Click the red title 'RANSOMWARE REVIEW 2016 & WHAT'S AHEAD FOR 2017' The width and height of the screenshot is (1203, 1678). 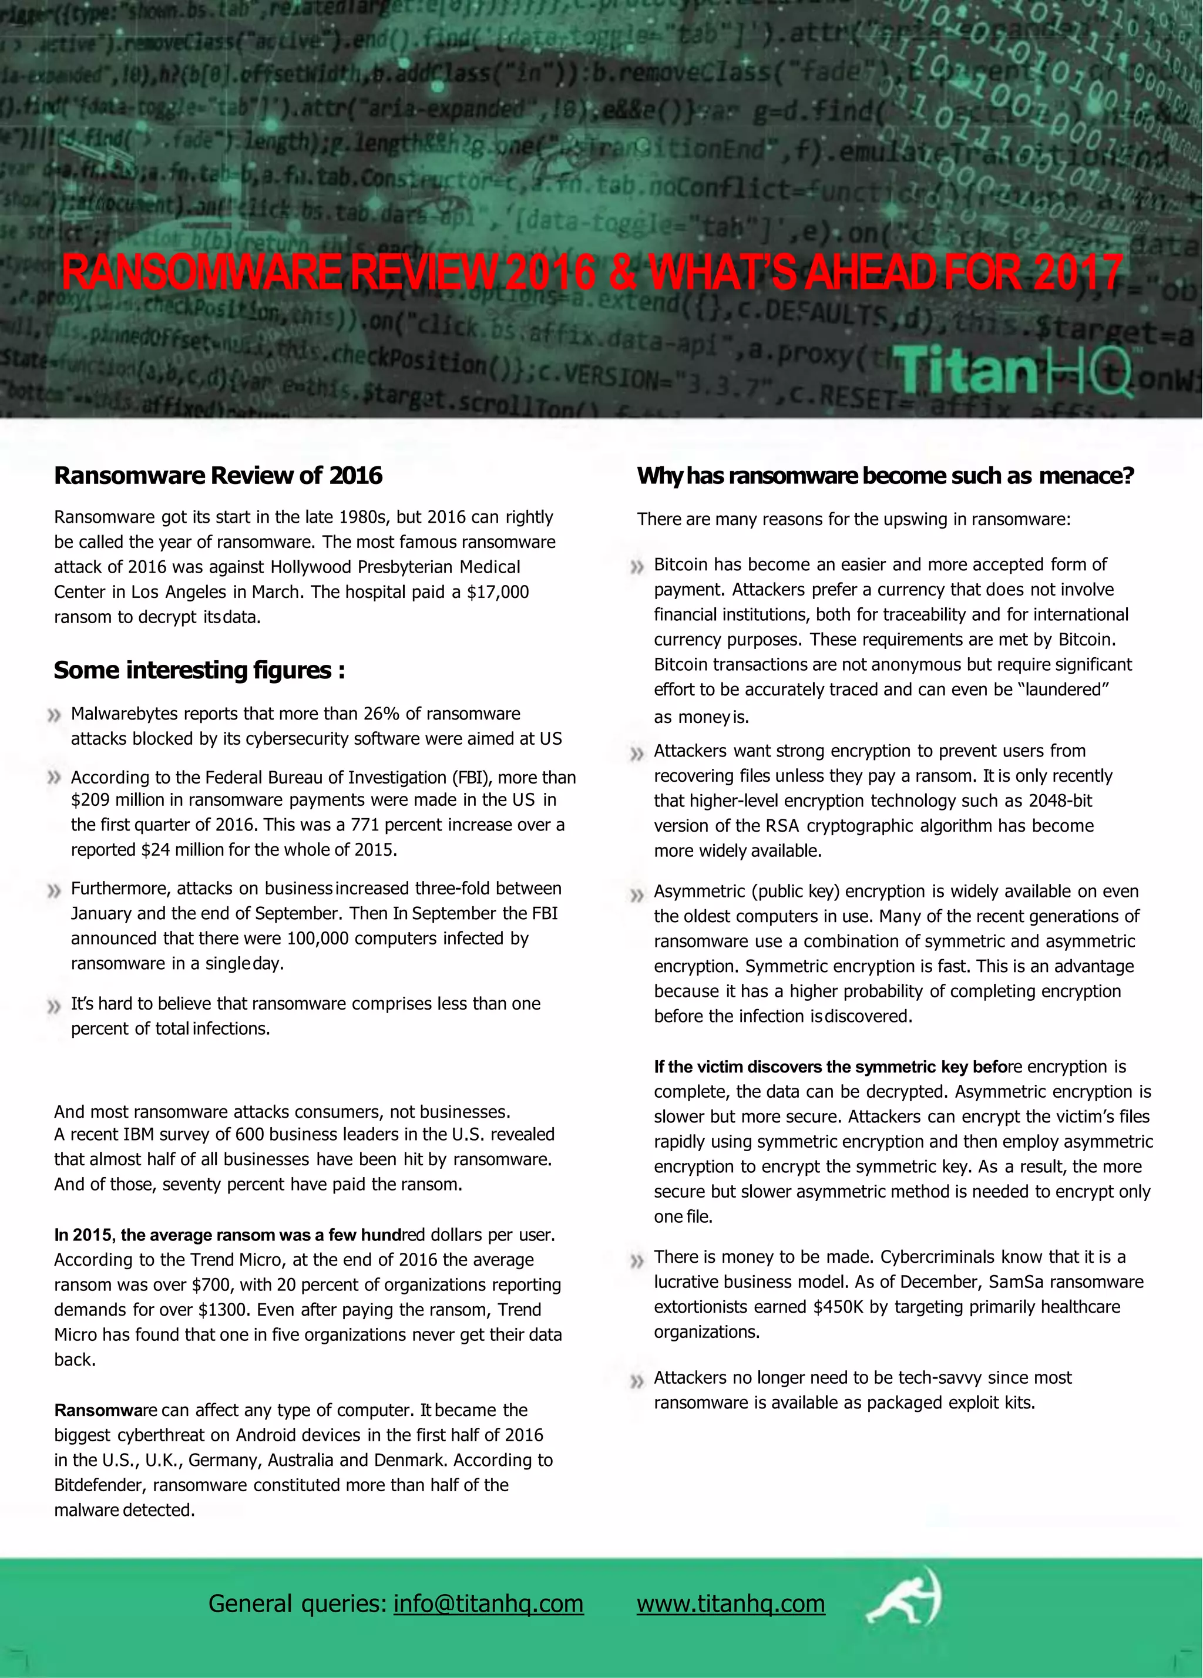pos(592,273)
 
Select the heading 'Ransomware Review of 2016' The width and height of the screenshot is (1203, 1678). pos(219,475)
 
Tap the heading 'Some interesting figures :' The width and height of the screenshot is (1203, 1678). pos(199,670)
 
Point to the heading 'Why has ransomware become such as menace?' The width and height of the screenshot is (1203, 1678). pos(885,476)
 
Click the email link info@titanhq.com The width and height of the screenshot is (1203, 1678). pos(488,1603)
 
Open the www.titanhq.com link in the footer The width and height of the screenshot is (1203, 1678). pos(730,1603)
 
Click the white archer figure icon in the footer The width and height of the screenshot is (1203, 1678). pos(904,1598)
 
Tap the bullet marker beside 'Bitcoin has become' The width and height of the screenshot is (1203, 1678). pos(636,567)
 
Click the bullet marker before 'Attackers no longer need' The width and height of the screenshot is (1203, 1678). pos(636,1381)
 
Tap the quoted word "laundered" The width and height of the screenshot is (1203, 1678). pos(1063,690)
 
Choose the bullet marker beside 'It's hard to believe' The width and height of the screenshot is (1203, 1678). pos(53,1007)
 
